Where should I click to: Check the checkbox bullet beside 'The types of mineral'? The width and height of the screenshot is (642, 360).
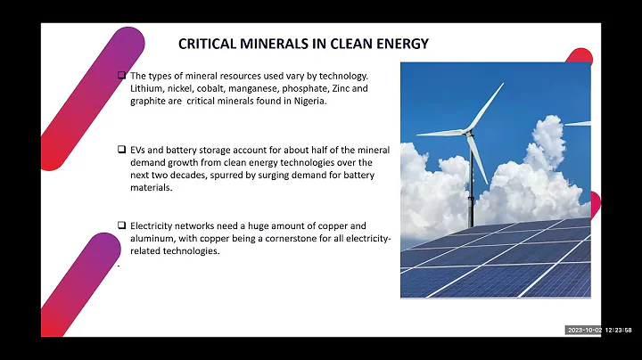(122, 77)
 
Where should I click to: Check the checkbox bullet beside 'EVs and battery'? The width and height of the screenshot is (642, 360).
(122, 151)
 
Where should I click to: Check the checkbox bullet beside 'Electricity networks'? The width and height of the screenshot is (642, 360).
(122, 226)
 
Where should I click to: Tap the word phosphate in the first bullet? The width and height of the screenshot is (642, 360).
(308, 90)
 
